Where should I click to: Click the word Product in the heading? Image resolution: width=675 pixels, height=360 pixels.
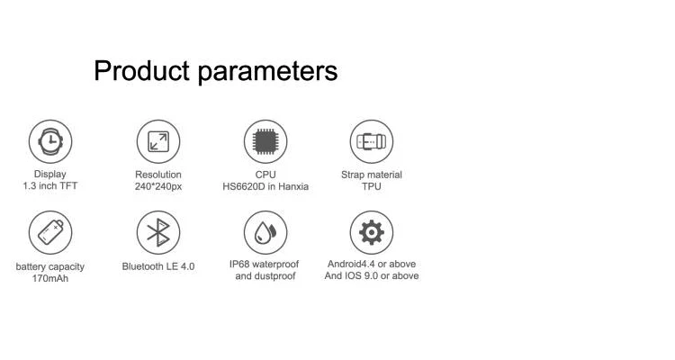coord(141,70)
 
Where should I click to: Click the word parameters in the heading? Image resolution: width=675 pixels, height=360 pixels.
coord(268,72)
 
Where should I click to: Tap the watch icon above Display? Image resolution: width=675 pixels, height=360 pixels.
coord(50,141)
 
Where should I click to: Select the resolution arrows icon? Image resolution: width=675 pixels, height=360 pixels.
coord(158,141)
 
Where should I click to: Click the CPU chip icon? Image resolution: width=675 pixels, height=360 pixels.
coord(265,141)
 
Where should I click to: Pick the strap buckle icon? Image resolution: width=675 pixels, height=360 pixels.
coord(372,141)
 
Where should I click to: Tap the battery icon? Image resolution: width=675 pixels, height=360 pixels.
coord(50,232)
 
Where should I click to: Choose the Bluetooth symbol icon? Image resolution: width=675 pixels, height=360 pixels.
coord(158,232)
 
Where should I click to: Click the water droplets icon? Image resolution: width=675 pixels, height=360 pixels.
coord(265,232)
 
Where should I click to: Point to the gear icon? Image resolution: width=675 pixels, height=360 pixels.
coord(372,232)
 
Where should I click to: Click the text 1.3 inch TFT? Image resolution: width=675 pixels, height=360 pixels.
coord(50,186)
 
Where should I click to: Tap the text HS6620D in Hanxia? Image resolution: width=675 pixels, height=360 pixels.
coord(265,186)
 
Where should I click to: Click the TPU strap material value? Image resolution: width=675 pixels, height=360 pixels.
coord(372,186)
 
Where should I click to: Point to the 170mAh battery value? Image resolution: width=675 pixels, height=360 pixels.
coord(50,279)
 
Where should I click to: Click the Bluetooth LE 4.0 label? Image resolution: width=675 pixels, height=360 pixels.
coord(158,266)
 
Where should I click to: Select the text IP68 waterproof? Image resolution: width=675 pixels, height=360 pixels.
coord(264,264)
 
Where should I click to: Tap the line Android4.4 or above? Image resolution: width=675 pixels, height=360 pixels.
coord(372,264)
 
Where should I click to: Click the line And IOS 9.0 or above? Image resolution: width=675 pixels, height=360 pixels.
coord(372,275)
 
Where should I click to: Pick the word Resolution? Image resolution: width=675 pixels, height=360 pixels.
coord(158,175)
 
